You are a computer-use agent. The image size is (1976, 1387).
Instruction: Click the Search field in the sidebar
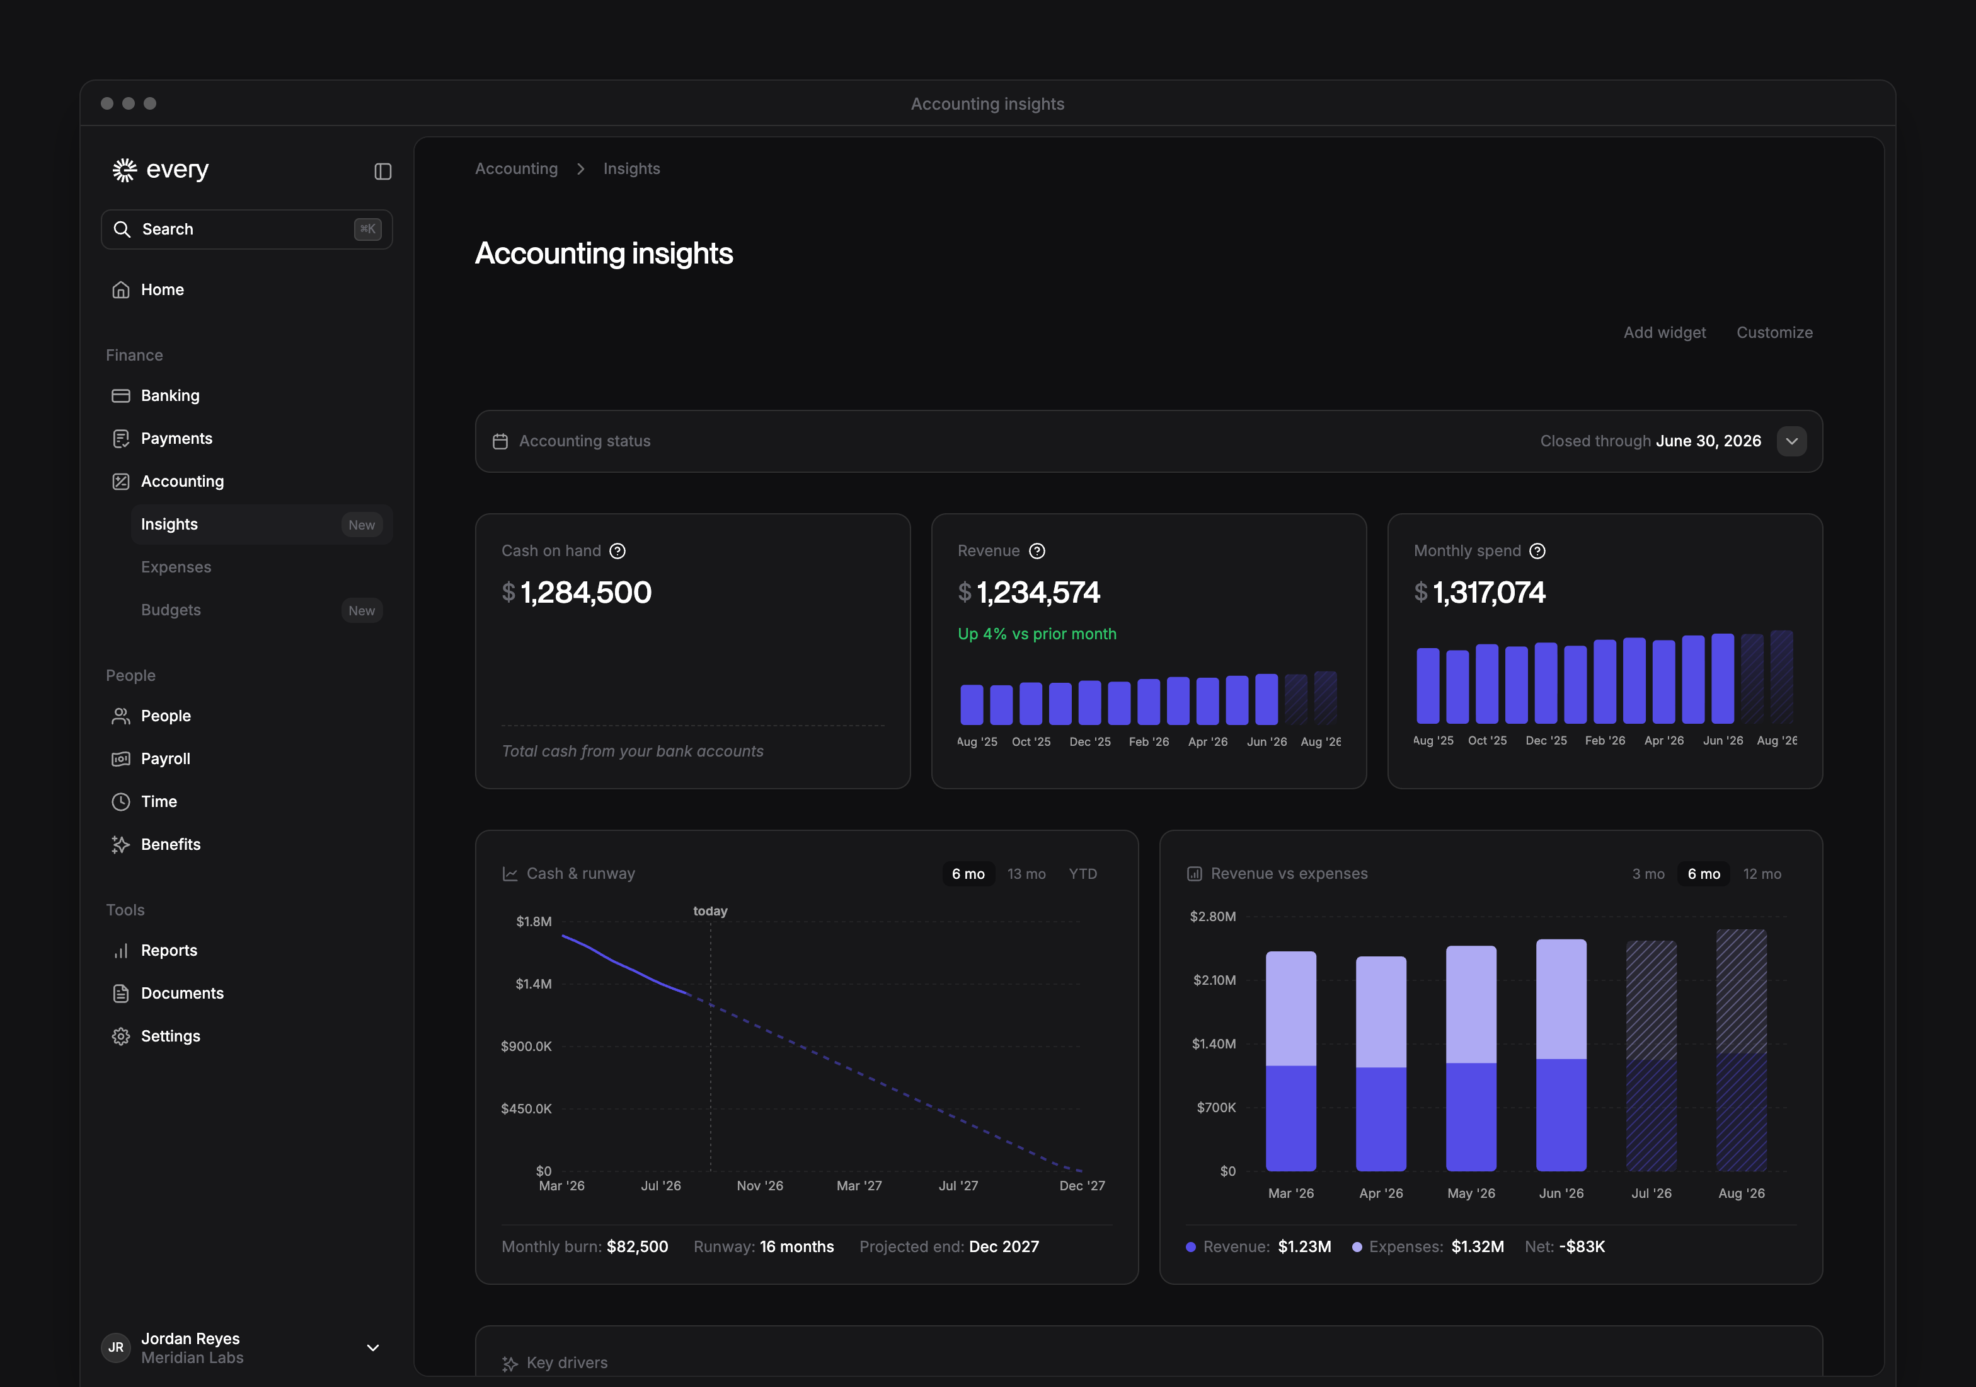tap(246, 229)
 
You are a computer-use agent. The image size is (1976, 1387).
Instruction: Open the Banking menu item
tap(169, 395)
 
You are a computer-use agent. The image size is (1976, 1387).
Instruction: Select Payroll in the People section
tap(165, 758)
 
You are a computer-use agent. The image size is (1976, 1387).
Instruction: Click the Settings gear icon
tap(122, 1036)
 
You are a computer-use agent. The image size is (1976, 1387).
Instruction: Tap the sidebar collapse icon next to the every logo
tap(383, 171)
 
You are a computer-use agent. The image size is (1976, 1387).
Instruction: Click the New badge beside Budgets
tap(362, 610)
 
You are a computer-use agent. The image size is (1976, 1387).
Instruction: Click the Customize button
tap(1774, 332)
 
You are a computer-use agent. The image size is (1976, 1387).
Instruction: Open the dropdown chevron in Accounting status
tap(1792, 441)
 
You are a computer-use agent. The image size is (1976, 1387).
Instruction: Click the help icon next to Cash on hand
tap(617, 551)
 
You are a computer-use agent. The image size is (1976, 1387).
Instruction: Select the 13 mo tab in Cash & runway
tap(1026, 874)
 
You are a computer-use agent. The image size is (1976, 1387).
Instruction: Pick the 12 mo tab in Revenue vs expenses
tap(1762, 874)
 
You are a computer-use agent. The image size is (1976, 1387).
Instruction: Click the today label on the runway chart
tap(710, 911)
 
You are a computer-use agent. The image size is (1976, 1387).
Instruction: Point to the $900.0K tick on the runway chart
tap(526, 1046)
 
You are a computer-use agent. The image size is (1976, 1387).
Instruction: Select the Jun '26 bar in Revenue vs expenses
tap(1561, 1055)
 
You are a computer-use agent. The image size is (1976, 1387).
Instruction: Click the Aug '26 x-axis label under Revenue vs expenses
tap(1741, 1193)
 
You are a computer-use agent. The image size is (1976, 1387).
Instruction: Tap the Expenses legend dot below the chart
tap(1357, 1246)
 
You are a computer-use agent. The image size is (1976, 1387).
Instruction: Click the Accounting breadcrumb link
tap(517, 169)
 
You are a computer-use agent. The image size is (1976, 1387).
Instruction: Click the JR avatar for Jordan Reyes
tap(116, 1347)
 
